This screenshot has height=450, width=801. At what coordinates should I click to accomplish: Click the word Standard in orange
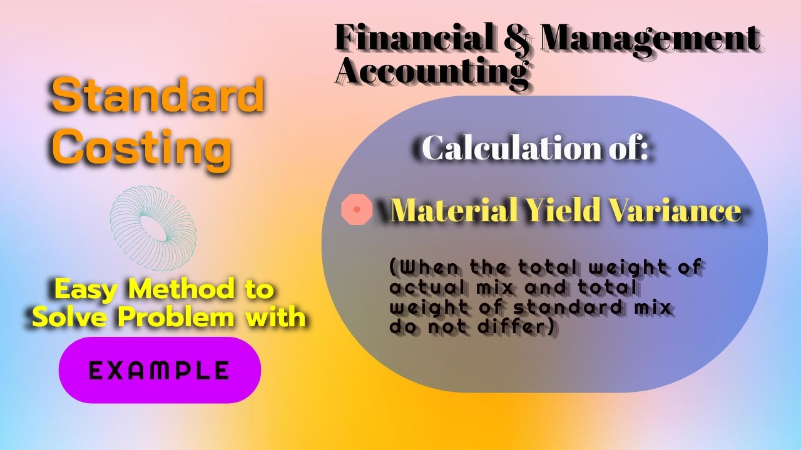[x=157, y=97]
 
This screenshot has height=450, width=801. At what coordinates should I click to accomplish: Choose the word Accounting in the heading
[x=432, y=69]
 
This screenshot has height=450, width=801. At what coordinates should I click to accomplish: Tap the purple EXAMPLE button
[x=160, y=370]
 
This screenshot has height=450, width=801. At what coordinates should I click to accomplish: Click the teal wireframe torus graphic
[x=153, y=222]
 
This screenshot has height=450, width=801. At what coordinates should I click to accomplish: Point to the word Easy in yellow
[x=86, y=289]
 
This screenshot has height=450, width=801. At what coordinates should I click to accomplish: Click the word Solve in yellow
[x=67, y=317]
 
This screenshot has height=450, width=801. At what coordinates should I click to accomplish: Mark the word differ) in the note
[x=524, y=326]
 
